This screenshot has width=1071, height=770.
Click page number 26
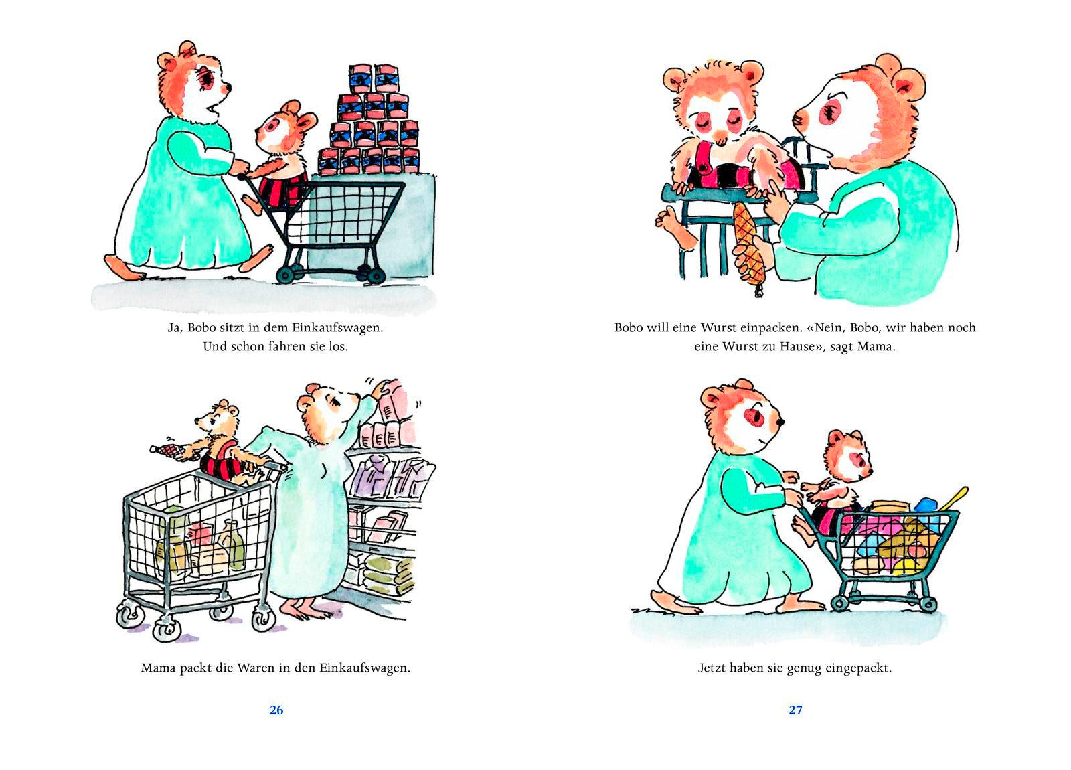pos(276,710)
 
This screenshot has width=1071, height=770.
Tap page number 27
pos(796,710)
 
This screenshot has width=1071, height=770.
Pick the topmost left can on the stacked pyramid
pos(361,78)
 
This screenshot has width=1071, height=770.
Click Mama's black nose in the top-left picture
pos(228,86)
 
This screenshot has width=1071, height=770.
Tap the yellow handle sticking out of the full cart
pos(955,498)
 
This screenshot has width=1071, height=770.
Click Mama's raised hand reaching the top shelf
pos(380,388)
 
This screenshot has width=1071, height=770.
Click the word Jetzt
pos(712,668)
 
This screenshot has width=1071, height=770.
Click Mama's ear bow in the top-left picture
pos(187,48)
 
